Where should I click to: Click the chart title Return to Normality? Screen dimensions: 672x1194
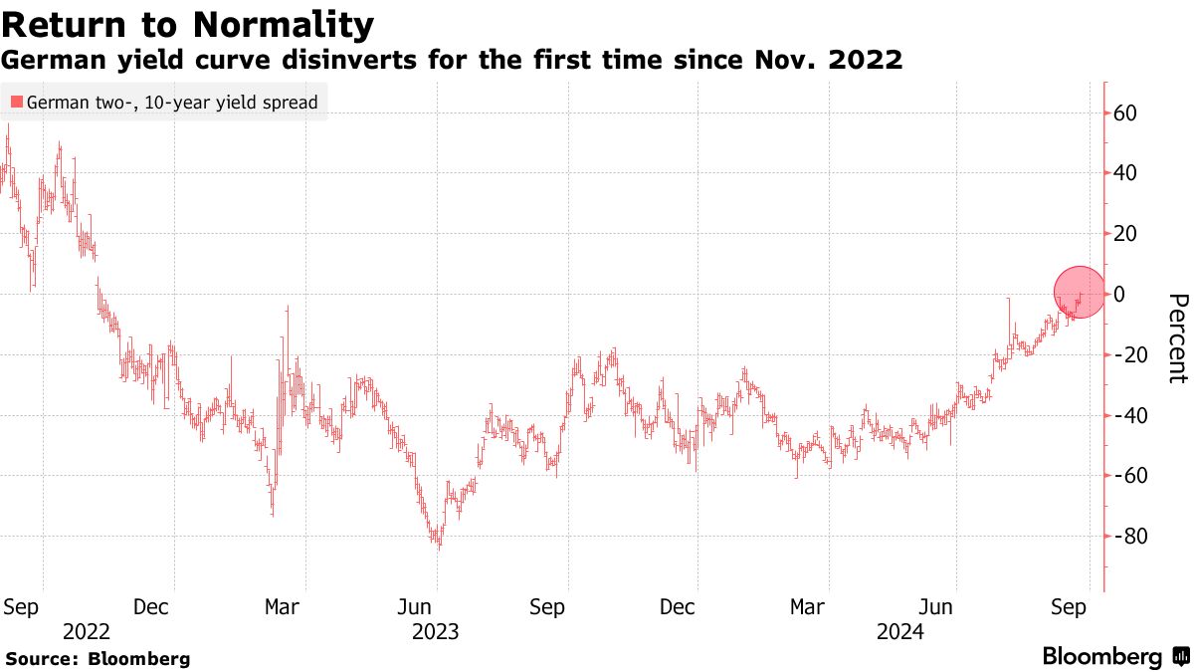click(x=189, y=24)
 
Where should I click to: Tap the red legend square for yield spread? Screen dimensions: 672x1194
click(x=17, y=102)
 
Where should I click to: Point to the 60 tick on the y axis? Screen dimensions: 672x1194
click(x=1125, y=113)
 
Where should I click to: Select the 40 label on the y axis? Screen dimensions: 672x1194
click(x=1125, y=173)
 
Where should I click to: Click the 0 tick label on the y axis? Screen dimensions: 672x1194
click(x=1119, y=294)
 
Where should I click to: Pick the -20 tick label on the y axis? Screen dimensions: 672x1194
click(x=1128, y=355)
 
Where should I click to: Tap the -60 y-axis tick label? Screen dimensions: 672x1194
click(x=1128, y=476)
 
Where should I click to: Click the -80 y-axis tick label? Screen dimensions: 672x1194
click(x=1128, y=537)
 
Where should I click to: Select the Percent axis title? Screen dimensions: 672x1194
click(x=1178, y=338)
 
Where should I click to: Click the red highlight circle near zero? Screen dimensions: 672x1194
click(x=1080, y=292)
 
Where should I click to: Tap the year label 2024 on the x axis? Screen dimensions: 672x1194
click(x=899, y=631)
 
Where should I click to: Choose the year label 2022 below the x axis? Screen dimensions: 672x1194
click(x=85, y=631)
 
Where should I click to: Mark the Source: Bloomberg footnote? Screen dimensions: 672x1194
click(x=98, y=659)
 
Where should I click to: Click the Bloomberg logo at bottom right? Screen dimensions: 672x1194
click(x=1114, y=657)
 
